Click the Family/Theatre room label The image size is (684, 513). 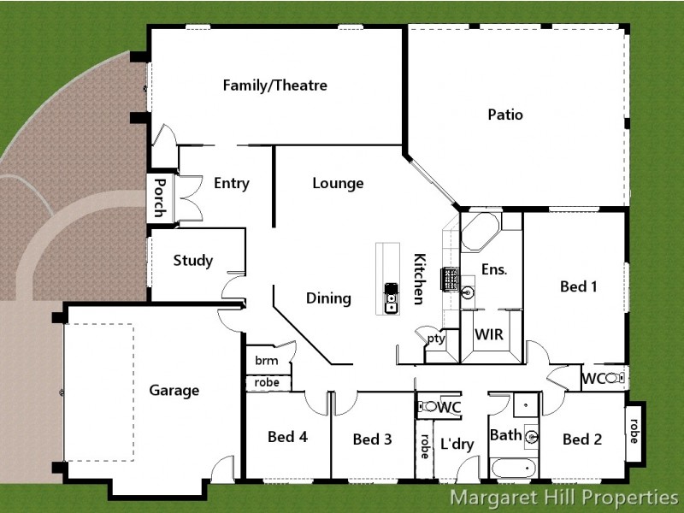pyautogui.click(x=274, y=85)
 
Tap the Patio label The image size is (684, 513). pyautogui.click(x=505, y=115)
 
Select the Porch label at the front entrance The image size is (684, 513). pyautogui.click(x=160, y=198)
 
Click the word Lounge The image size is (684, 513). pyautogui.click(x=338, y=183)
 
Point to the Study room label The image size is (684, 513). pyautogui.click(x=193, y=261)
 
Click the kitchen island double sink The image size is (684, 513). pyautogui.click(x=391, y=298)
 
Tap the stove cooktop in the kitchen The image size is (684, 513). pyautogui.click(x=450, y=280)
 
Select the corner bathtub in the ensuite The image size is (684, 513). pyautogui.click(x=480, y=232)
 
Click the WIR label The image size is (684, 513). pyautogui.click(x=489, y=334)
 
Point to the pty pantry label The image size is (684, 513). pyautogui.click(x=436, y=338)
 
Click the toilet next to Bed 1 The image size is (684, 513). pyautogui.click(x=615, y=378)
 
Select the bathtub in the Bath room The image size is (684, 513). pyautogui.click(x=514, y=469)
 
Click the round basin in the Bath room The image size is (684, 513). pyautogui.click(x=532, y=436)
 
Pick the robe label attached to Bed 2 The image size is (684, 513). pyautogui.click(x=634, y=431)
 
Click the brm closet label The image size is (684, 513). pyautogui.click(x=267, y=361)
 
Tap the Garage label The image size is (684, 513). pyautogui.click(x=174, y=391)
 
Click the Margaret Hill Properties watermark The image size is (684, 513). pyautogui.click(x=564, y=498)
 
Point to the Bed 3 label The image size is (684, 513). pyautogui.click(x=372, y=439)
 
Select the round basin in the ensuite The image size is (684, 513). pyautogui.click(x=468, y=292)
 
